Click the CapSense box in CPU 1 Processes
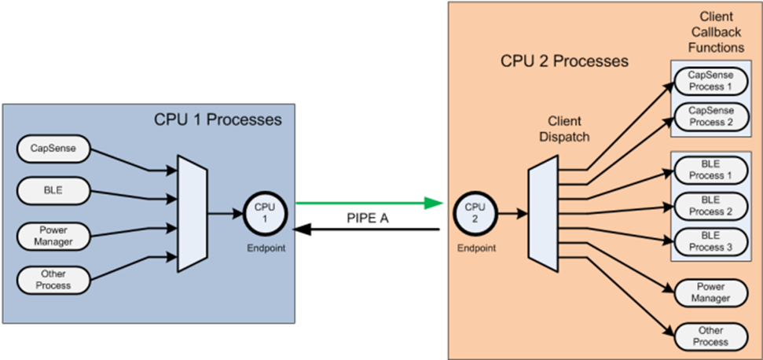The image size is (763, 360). pos(52,147)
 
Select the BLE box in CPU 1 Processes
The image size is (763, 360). pos(52,189)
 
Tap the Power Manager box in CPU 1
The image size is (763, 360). pos(52,236)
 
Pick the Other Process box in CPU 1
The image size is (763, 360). pos(52,279)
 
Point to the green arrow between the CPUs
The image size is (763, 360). pos(365,204)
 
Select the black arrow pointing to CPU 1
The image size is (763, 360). pos(365,230)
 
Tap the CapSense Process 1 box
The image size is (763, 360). pos(710,79)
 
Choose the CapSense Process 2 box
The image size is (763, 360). pos(710,117)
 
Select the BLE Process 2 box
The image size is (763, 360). pos(710,206)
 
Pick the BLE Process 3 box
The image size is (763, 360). pos(710,241)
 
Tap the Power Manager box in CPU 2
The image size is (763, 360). pos(710,292)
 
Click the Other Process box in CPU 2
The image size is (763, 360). pos(710,336)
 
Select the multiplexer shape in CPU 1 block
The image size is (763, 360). pos(193,212)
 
